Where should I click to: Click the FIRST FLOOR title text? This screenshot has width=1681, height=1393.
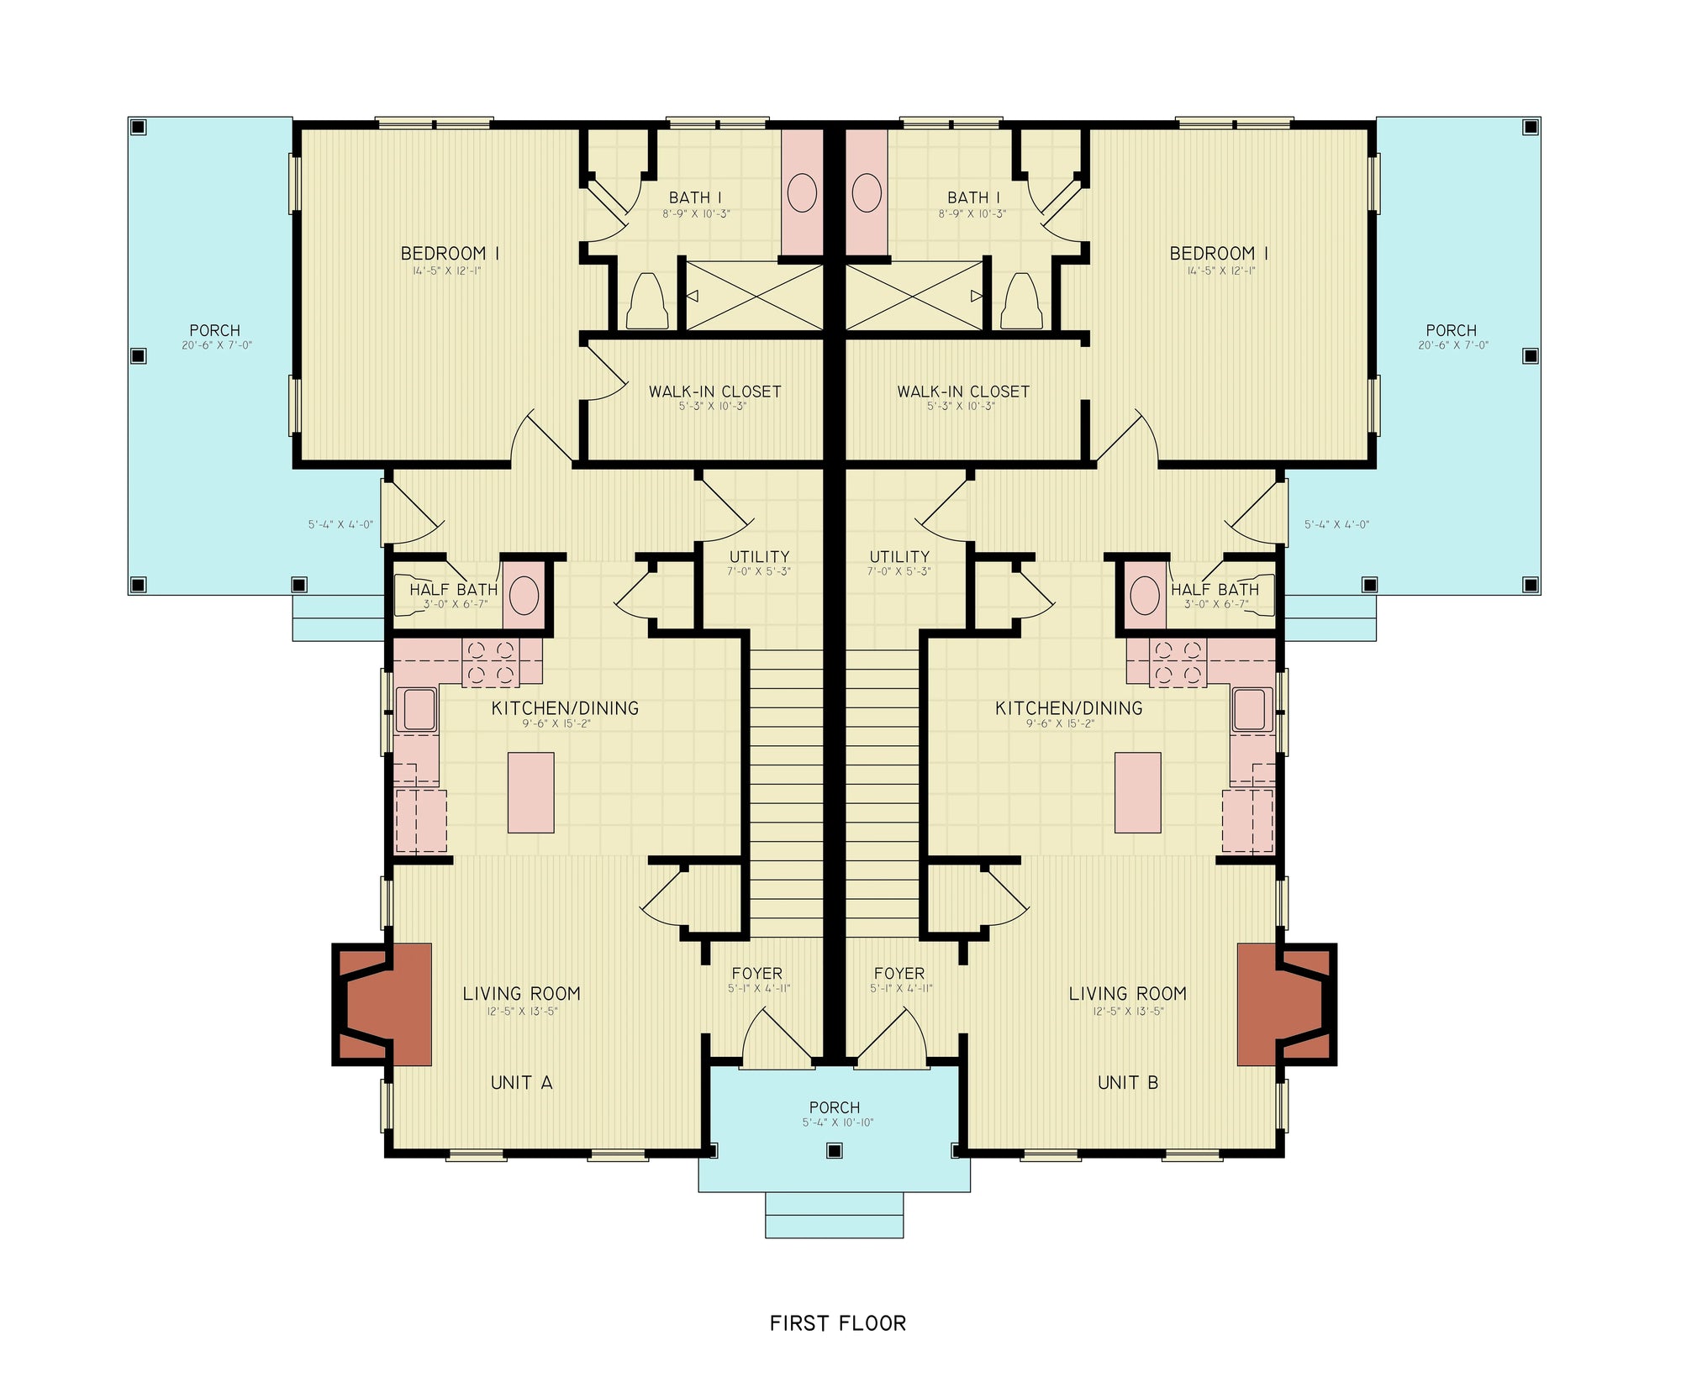click(838, 1323)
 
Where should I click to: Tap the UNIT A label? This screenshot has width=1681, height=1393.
click(521, 1082)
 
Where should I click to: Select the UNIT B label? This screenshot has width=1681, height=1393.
click(1128, 1082)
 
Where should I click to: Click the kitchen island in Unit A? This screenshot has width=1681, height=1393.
click(530, 792)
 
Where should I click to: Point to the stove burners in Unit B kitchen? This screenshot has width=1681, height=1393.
click(1178, 662)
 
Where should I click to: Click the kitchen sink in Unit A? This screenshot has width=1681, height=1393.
click(419, 709)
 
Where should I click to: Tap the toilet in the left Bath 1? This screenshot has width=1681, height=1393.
click(647, 302)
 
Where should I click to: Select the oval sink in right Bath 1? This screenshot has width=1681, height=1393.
click(867, 192)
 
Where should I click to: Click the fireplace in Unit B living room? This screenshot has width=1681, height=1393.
click(1284, 1004)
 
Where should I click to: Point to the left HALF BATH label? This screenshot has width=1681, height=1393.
click(453, 590)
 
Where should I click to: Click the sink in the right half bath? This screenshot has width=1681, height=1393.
click(1145, 596)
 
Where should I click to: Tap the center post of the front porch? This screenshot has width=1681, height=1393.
click(834, 1151)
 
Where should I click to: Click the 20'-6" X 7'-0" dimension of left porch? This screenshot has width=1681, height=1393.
click(217, 345)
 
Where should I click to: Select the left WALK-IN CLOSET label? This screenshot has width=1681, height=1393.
click(714, 392)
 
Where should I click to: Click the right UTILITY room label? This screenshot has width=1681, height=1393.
click(899, 556)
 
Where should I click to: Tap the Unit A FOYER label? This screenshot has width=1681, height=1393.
click(756, 973)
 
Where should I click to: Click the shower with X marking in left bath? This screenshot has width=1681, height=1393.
click(754, 296)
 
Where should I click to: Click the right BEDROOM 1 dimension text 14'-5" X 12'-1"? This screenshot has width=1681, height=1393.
click(1220, 271)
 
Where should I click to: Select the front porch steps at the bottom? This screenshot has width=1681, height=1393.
click(834, 1215)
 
